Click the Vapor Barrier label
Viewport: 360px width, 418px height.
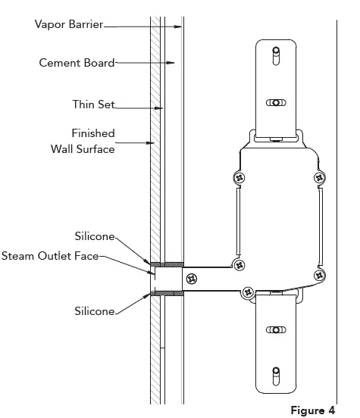pyautogui.click(x=69, y=24)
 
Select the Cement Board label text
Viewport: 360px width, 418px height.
pyautogui.click(x=77, y=63)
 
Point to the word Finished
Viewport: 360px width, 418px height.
pyautogui.click(x=92, y=133)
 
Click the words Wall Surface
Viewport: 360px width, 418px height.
pyautogui.click(x=83, y=149)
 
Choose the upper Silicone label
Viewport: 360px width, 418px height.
pyautogui.click(x=94, y=236)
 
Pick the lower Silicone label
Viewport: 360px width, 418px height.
pyautogui.click(x=94, y=311)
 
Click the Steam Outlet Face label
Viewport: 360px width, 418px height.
pyautogui.click(x=50, y=257)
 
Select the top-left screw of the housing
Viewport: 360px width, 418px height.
pyautogui.click(x=239, y=177)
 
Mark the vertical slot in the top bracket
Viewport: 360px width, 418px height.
pyautogui.click(x=277, y=57)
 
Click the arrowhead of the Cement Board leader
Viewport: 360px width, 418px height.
pyautogui.click(x=173, y=63)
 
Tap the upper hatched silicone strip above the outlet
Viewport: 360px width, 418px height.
pyautogui.click(x=167, y=264)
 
